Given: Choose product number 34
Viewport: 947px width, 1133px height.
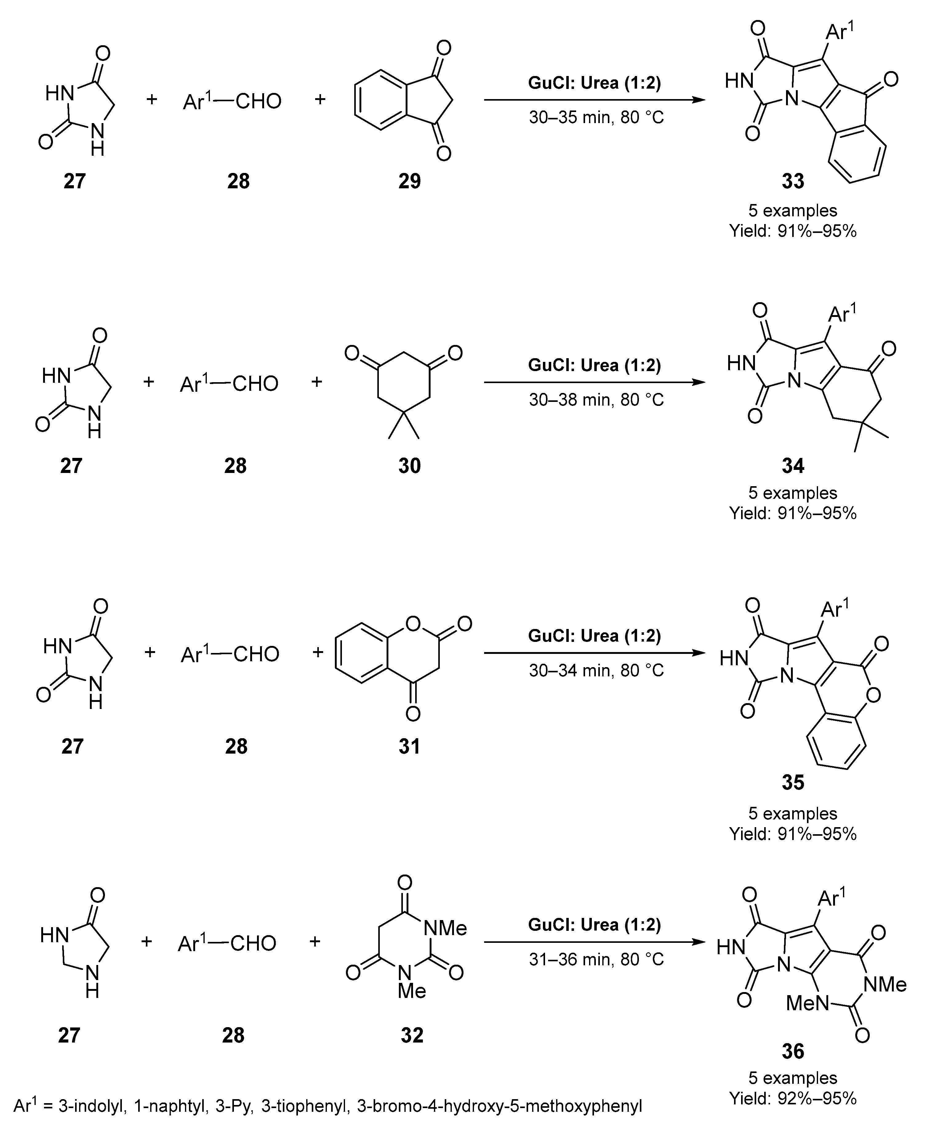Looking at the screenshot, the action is point(793,465).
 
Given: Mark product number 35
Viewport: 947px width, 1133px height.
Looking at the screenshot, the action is point(793,782).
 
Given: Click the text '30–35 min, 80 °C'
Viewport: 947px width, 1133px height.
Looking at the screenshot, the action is point(596,117).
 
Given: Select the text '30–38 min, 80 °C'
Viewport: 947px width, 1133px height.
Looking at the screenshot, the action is point(596,400).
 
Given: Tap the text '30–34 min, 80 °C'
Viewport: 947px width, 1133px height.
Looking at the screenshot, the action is point(596,671).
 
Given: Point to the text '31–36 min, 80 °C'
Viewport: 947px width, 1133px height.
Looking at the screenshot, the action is point(596,959).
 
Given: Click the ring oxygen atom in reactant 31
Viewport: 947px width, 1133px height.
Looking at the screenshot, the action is point(413,624).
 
